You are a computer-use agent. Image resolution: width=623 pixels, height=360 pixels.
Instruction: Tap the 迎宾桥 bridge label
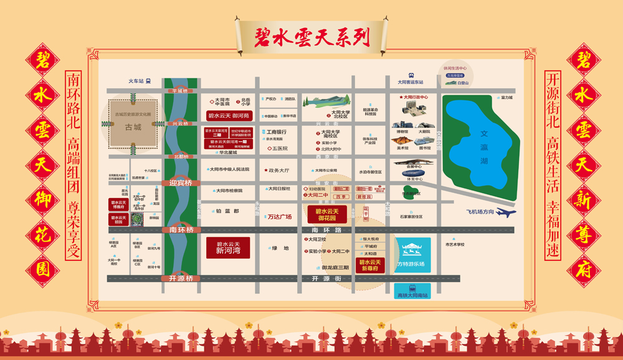[x=181, y=183]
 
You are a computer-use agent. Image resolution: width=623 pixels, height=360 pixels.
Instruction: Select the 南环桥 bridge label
[x=181, y=230]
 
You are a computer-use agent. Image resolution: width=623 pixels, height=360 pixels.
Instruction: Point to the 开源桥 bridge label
[x=181, y=278]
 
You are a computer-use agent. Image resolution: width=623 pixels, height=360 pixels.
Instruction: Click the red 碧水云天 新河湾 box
[x=228, y=247]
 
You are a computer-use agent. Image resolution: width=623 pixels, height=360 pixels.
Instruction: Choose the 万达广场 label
[x=279, y=217]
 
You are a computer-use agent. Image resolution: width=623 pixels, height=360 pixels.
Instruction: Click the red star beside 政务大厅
[x=265, y=169]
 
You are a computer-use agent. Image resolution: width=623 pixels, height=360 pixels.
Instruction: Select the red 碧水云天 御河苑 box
[x=227, y=115]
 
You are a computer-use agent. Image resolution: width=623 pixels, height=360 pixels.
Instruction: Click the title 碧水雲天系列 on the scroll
[x=311, y=37]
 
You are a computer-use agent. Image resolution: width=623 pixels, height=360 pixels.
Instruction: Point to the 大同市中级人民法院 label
[x=229, y=169]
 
